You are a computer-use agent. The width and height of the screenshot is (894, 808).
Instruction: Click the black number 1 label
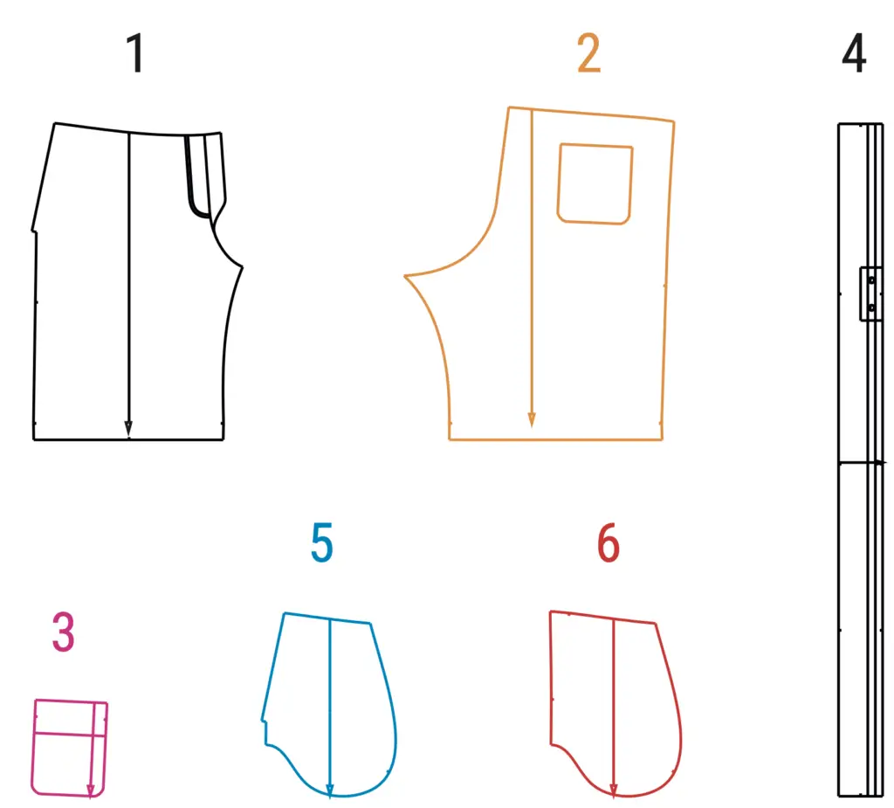tap(135, 53)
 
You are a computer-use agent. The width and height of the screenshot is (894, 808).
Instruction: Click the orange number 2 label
tap(589, 53)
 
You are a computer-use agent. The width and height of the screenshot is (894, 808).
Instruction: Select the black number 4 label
tap(854, 53)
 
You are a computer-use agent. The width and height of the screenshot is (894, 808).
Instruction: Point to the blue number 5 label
tap(322, 542)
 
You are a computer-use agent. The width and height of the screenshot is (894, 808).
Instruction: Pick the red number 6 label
tap(609, 542)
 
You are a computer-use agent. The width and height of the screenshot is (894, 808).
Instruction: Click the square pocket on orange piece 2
tap(595, 183)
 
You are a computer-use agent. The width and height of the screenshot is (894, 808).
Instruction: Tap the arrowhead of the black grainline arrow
tap(128, 429)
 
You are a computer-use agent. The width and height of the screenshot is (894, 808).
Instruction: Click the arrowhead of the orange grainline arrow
tap(532, 419)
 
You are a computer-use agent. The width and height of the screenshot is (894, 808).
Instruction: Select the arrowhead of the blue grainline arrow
tap(329, 790)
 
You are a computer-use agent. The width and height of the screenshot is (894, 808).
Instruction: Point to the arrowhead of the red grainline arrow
tap(614, 790)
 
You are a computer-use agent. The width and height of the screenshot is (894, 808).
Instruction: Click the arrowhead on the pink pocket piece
tap(91, 791)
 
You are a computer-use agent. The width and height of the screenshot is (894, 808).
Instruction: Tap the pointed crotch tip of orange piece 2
tap(405, 276)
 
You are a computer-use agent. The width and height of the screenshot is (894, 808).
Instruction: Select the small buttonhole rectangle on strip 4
tap(870, 294)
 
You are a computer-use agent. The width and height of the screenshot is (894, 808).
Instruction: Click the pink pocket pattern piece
tap(70, 748)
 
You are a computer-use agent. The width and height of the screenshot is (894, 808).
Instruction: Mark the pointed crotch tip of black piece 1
tap(242, 266)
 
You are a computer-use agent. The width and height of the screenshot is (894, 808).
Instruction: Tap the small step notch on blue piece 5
tap(265, 731)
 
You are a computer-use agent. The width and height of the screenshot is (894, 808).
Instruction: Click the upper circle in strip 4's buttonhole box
tap(871, 280)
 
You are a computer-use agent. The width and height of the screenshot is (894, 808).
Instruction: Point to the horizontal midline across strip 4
tap(862, 461)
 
